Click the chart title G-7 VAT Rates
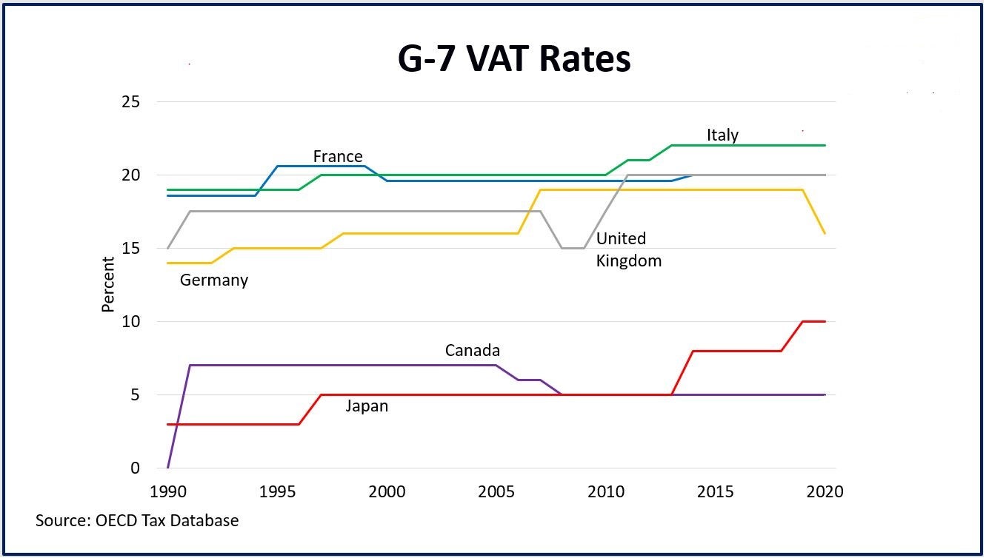[x=514, y=59]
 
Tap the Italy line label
[x=722, y=135]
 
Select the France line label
[x=338, y=156]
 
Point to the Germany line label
[x=214, y=280]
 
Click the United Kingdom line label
[x=628, y=249]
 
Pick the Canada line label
[x=473, y=350]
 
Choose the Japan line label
[x=367, y=406]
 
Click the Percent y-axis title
[x=108, y=285]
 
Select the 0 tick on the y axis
[x=134, y=468]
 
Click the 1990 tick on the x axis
[x=168, y=492]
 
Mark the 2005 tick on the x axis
[x=496, y=492]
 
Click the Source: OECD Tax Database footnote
[x=137, y=520]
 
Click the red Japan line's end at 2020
[x=825, y=321]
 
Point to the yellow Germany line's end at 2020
[x=825, y=234]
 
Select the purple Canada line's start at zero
[x=168, y=468]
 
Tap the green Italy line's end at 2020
[x=825, y=145]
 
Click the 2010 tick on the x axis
[x=605, y=492]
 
